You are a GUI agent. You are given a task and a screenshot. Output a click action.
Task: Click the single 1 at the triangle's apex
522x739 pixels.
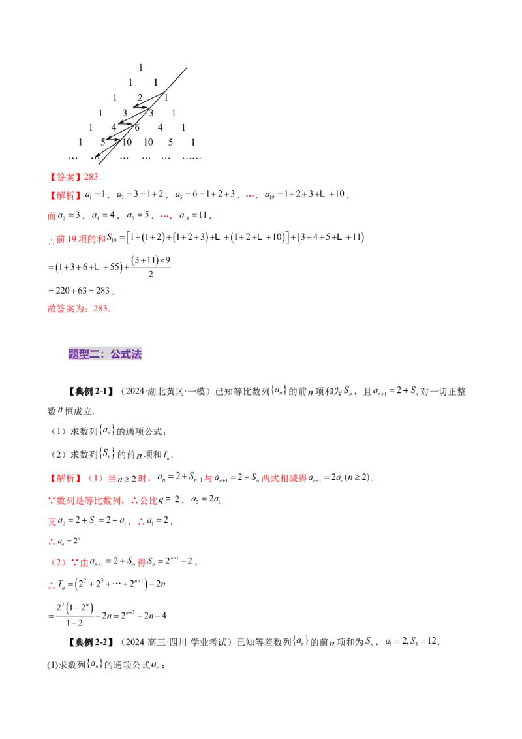click(140, 67)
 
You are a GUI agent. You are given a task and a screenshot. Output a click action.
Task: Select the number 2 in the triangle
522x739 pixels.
click(140, 98)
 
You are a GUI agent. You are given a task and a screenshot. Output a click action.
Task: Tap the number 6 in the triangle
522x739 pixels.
click(137, 127)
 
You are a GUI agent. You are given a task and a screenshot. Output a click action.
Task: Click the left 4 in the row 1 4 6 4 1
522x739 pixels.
click(114, 127)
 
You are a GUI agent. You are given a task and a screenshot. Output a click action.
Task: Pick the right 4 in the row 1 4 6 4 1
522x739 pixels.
click(160, 127)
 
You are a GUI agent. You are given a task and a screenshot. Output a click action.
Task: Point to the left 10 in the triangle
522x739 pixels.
click(127, 142)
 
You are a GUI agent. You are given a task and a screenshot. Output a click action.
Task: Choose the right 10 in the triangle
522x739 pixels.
click(148, 142)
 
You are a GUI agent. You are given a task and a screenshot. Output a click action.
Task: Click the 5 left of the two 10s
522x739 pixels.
click(102, 142)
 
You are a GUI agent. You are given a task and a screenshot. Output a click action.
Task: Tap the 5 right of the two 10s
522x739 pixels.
click(170, 142)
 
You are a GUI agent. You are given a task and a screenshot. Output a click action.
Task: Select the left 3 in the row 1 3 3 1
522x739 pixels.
click(125, 113)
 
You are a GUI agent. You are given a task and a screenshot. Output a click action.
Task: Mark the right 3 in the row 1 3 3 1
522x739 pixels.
click(151, 113)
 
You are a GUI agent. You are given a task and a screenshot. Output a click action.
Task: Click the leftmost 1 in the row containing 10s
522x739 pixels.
click(80, 142)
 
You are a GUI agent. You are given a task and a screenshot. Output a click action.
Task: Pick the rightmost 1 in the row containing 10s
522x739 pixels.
click(193, 142)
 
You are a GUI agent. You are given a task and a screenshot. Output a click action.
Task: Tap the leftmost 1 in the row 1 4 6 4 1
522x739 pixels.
click(91, 127)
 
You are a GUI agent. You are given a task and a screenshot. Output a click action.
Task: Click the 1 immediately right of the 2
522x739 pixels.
click(166, 98)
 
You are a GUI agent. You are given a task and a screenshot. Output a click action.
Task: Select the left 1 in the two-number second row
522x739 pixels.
click(130, 82)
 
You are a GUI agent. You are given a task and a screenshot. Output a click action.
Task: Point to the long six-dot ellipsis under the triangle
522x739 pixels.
click(192, 157)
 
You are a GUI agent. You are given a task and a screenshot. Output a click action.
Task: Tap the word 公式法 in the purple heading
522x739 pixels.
click(126, 355)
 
